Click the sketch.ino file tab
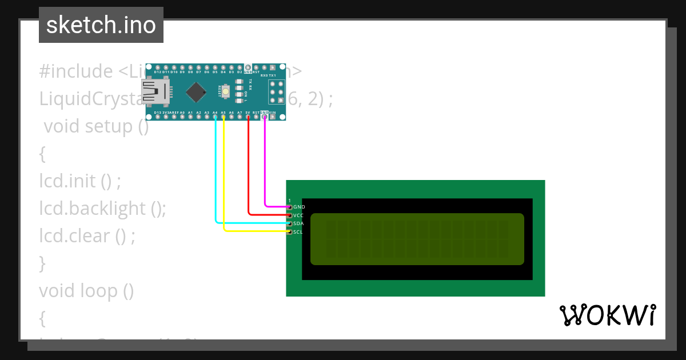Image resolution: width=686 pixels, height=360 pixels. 101,25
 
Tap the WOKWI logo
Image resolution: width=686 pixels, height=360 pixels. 607,315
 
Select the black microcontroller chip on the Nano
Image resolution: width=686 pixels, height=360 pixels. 196,91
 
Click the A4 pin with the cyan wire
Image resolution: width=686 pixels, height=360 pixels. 215,117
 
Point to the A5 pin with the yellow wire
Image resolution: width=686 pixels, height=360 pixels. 224,117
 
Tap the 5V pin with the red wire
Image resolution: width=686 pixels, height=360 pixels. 248,117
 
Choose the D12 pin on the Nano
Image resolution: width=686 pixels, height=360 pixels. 157,67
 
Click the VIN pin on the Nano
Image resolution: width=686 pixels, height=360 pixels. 273,117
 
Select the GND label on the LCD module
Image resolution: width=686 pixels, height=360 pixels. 299,207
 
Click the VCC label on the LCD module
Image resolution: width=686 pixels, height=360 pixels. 298,215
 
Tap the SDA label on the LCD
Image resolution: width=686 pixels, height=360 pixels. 298,223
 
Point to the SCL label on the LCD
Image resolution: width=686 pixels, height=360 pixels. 298,232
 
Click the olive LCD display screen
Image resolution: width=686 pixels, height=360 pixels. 417,239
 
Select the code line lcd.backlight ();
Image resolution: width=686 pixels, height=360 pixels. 102,209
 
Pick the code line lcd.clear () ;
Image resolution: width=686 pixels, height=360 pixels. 87,236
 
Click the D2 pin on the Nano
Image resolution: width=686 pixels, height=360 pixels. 240,67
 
